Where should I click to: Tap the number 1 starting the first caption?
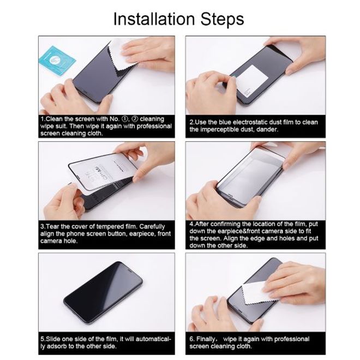[42, 119]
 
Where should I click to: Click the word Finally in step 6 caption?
[209, 339]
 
